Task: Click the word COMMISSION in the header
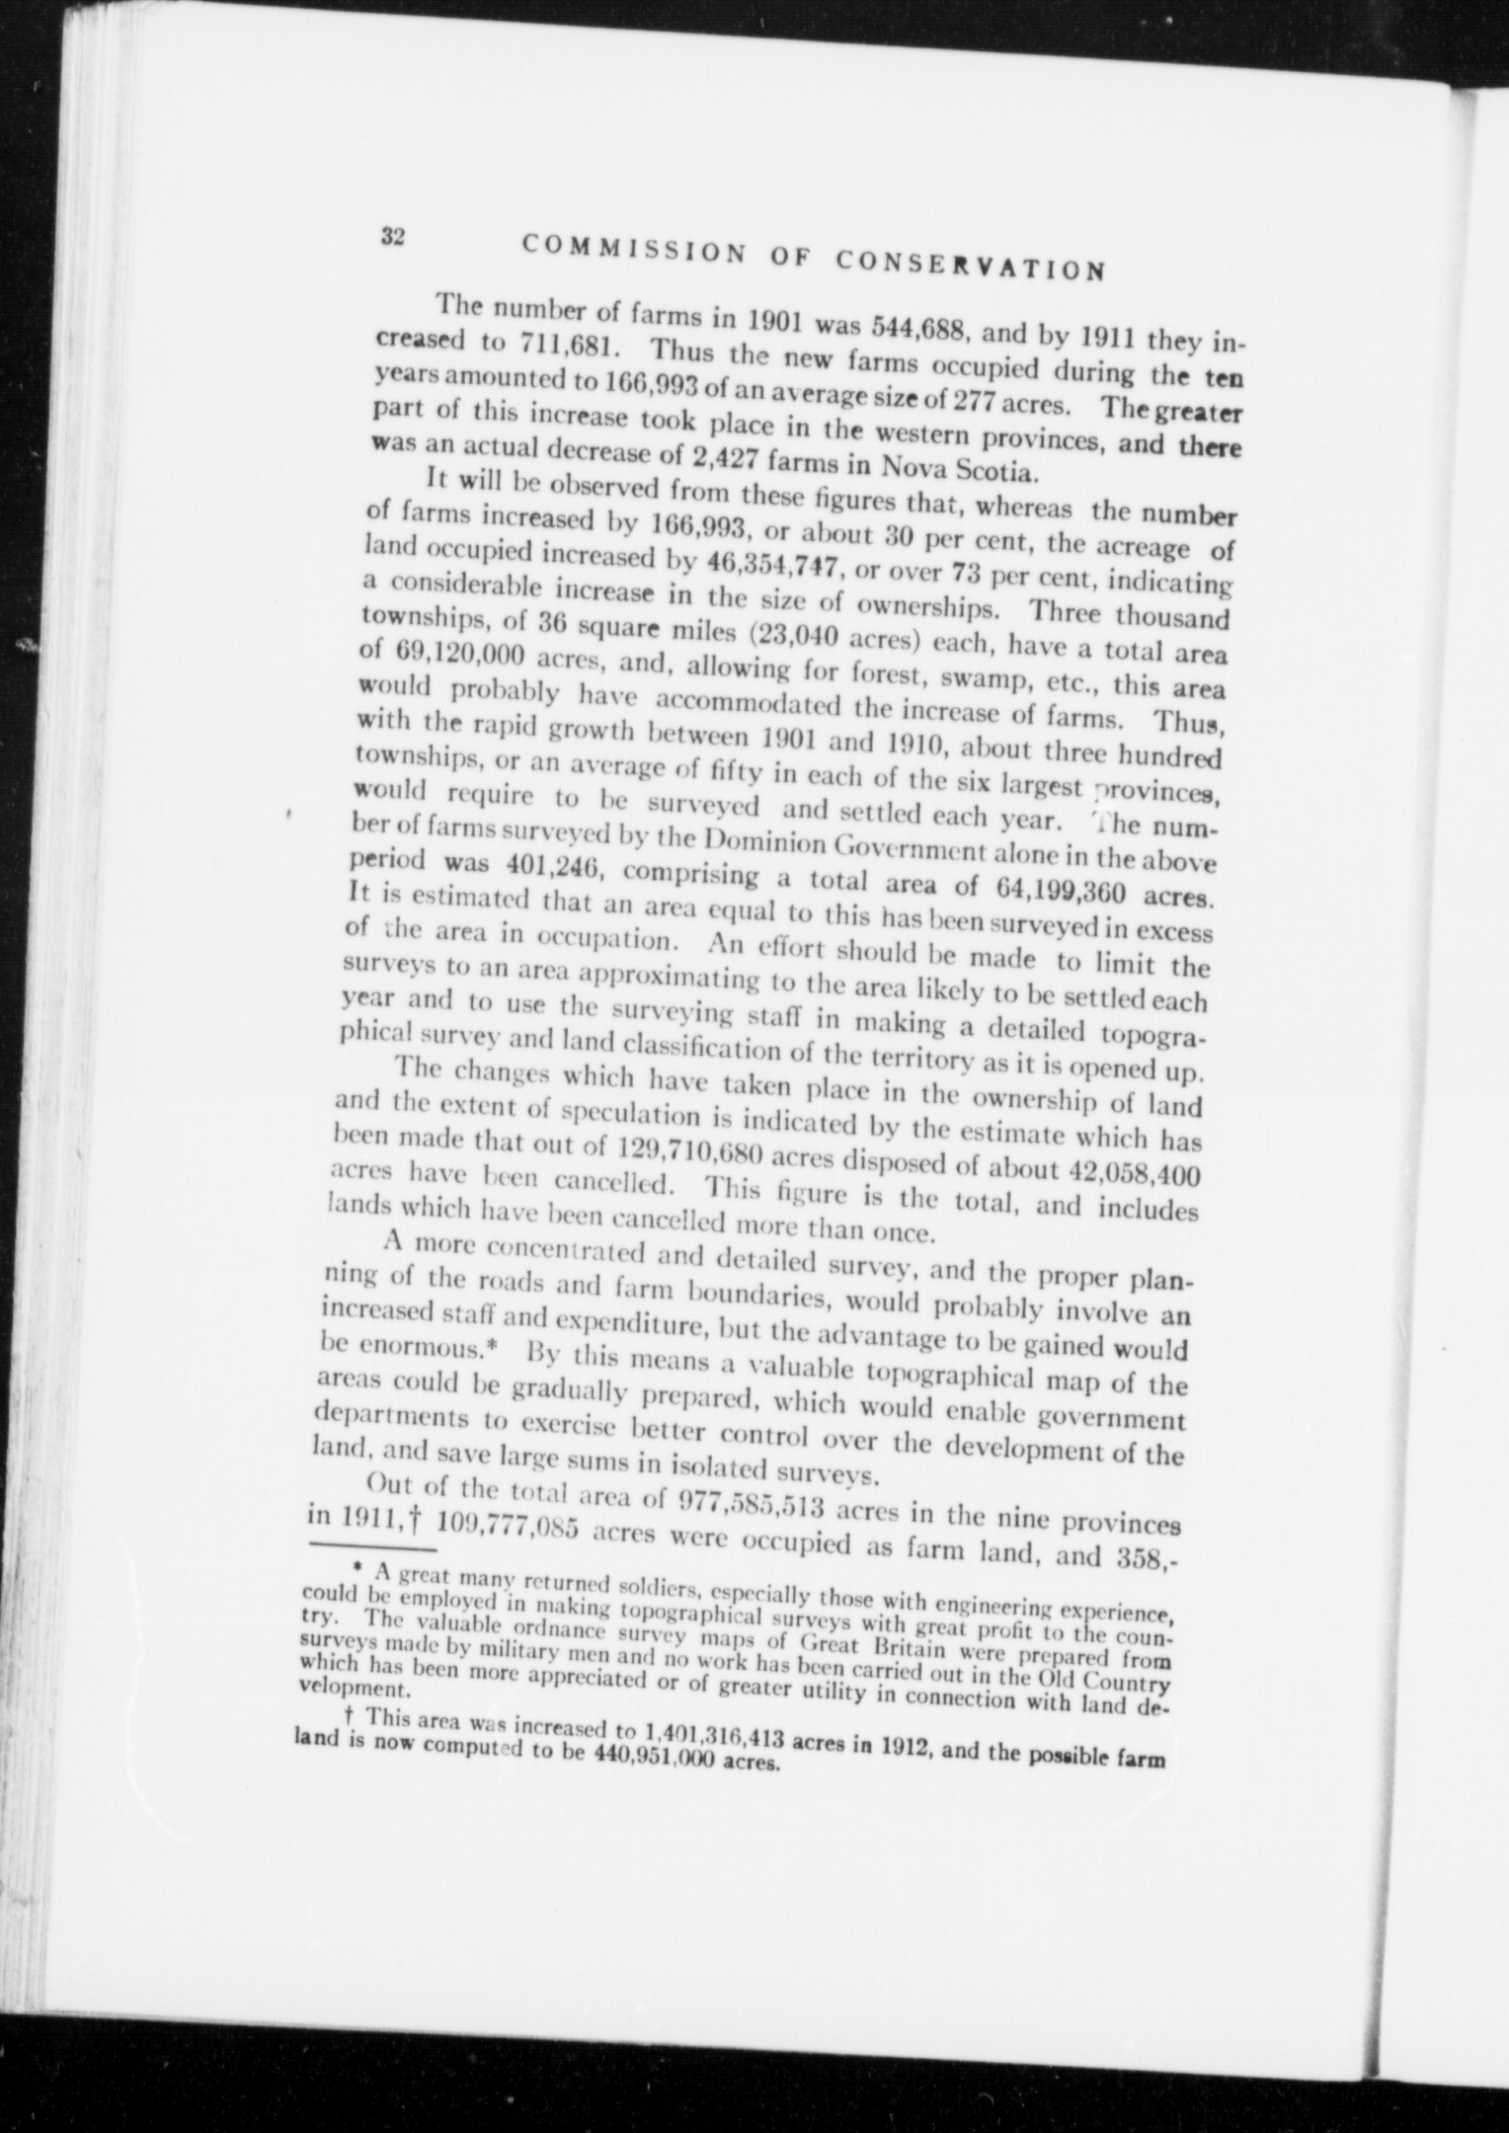632,249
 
